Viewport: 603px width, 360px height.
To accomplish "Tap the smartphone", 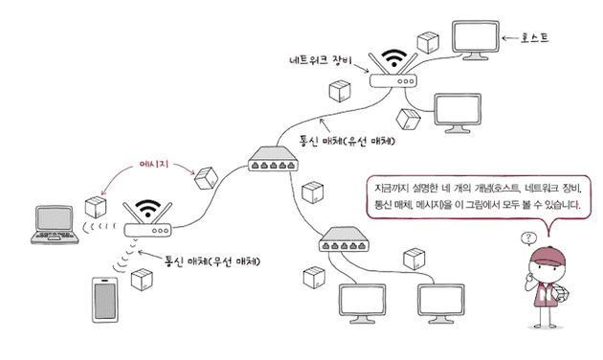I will click(104, 298).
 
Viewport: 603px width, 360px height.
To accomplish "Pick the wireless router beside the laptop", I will click(147, 231).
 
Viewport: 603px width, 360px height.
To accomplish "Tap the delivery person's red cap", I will click(544, 255).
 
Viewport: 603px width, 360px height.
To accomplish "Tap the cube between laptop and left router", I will click(94, 207).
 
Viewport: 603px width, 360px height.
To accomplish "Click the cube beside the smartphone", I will click(143, 280).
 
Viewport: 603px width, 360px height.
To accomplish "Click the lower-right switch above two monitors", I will click(346, 238).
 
